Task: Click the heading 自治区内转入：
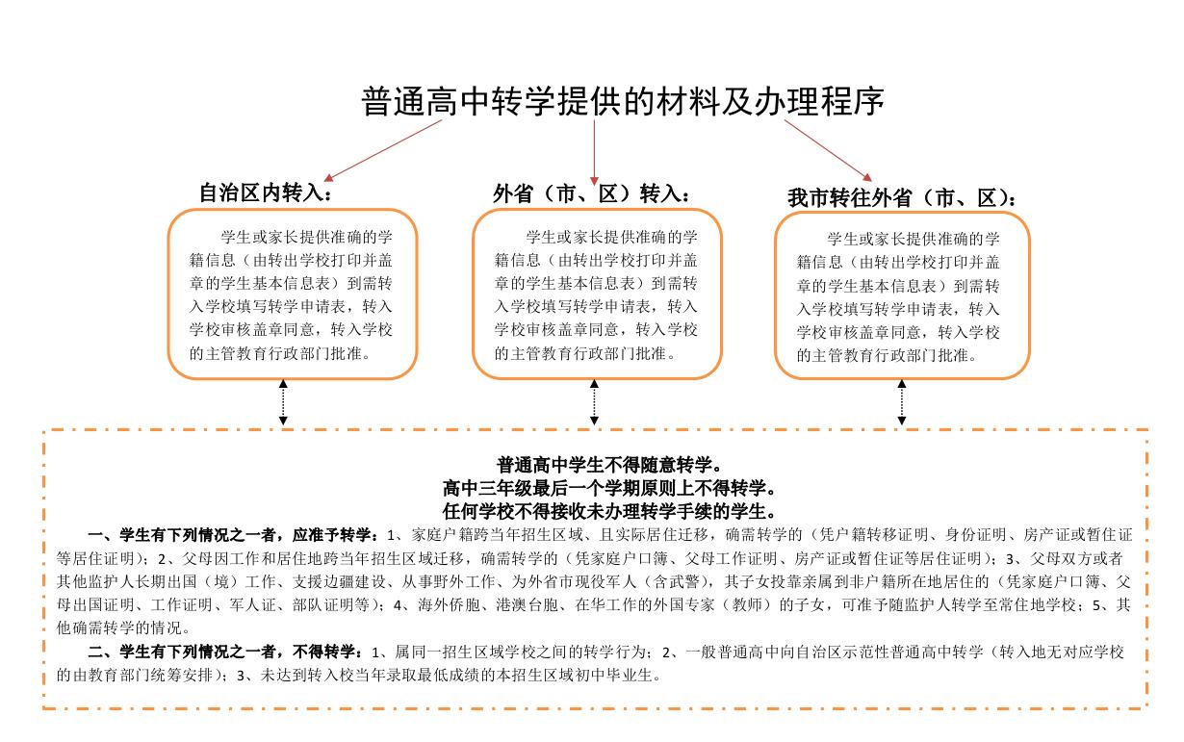[x=265, y=193]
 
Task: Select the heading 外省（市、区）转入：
[x=591, y=193]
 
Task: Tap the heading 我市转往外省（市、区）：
[x=901, y=198]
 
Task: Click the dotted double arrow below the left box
[x=283, y=401]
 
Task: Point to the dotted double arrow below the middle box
[x=595, y=401]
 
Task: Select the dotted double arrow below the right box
[x=902, y=401]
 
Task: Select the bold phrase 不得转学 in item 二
[x=322, y=652]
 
